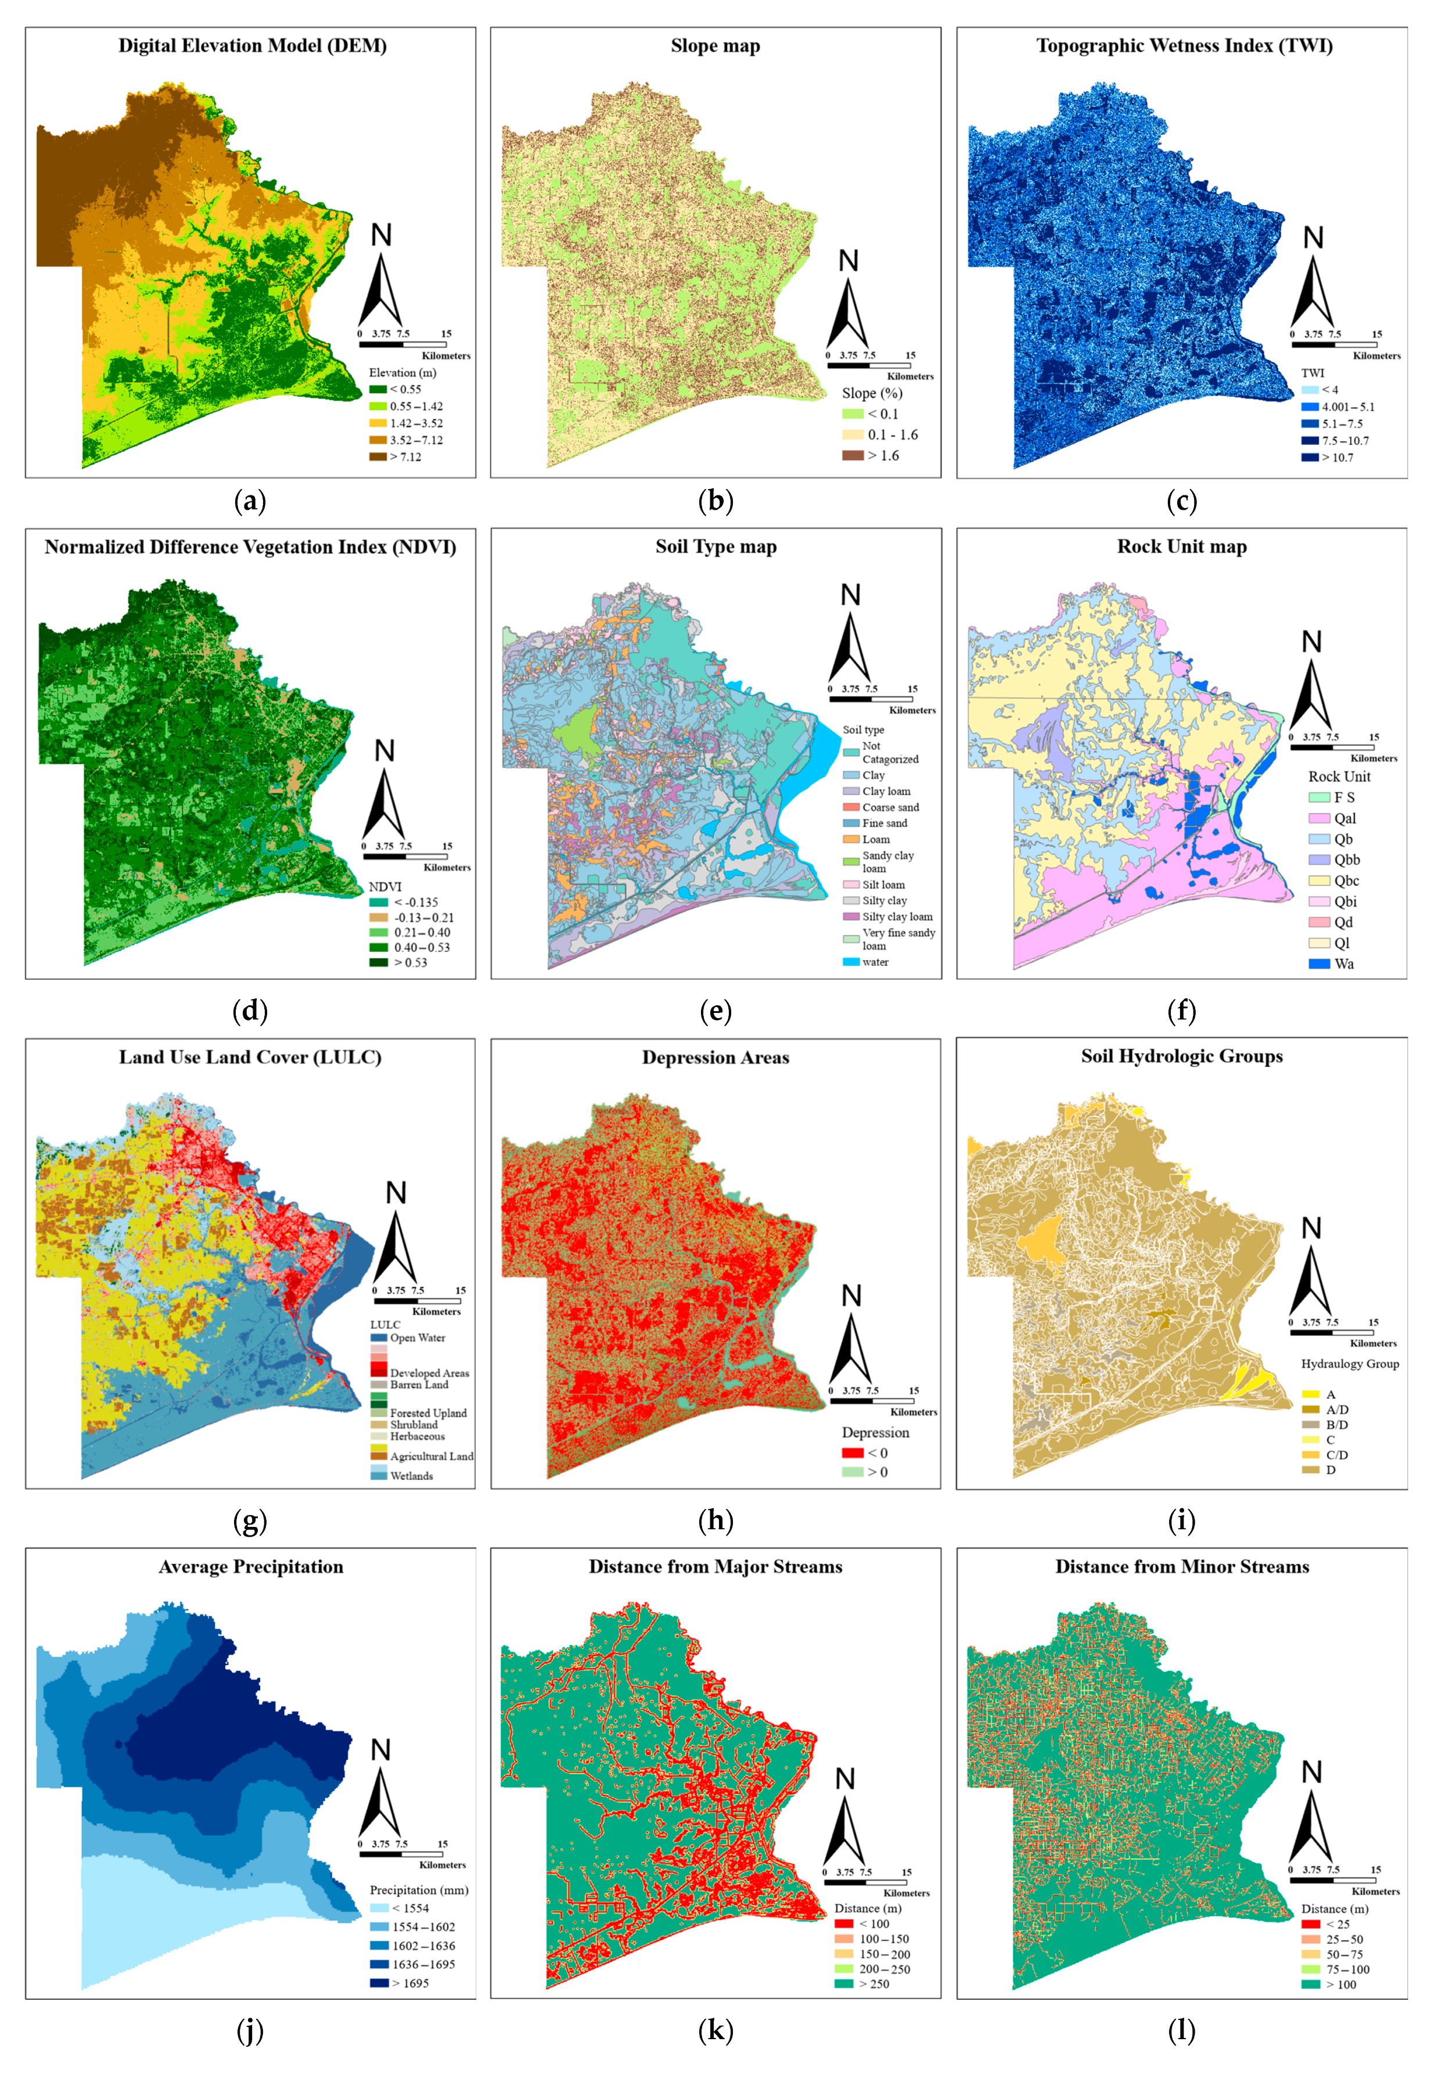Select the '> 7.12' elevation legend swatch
(377, 457)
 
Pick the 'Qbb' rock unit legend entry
(1335, 860)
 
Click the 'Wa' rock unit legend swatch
(1319, 964)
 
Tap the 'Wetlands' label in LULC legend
(411, 1476)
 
